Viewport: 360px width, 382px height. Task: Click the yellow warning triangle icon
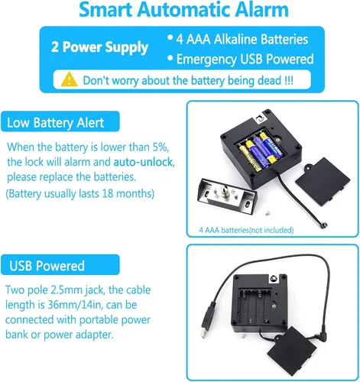click(x=69, y=79)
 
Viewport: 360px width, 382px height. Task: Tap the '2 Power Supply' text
click(x=99, y=47)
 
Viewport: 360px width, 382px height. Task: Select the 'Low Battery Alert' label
click(x=55, y=122)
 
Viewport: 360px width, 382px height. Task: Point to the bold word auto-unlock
click(x=143, y=162)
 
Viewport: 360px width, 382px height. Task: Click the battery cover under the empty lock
click(x=292, y=351)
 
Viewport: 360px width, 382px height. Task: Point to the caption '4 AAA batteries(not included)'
click(x=246, y=230)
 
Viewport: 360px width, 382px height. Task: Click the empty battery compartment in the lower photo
click(x=255, y=306)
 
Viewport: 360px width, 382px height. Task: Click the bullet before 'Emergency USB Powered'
click(x=170, y=58)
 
